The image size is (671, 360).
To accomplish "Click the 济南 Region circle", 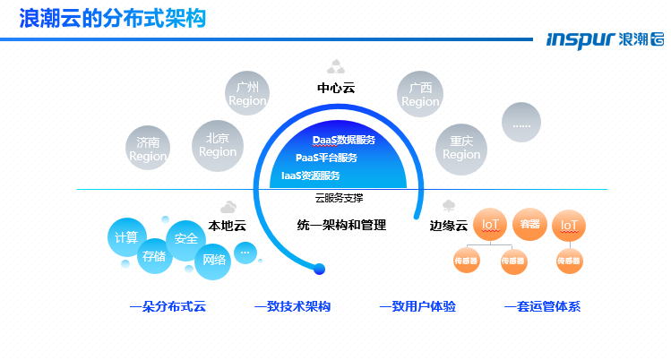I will click(x=148, y=149).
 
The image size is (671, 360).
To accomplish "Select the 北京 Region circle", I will click(x=218, y=144).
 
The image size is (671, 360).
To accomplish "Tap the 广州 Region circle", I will click(x=247, y=94).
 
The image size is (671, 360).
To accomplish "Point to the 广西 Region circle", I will click(x=420, y=94).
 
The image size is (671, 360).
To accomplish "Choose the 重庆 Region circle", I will click(x=461, y=147).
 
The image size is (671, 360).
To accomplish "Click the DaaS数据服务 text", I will click(x=344, y=141).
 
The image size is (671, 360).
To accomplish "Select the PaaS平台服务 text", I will click(x=326, y=159).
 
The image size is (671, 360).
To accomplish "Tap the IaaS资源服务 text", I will click(x=311, y=176).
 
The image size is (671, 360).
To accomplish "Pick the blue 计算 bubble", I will click(x=126, y=237).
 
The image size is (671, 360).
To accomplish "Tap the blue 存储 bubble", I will click(x=153, y=256).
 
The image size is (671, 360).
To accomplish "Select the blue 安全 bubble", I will click(x=186, y=239).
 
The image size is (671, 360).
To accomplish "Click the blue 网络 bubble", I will click(x=215, y=260).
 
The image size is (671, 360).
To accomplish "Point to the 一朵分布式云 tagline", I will click(x=168, y=307).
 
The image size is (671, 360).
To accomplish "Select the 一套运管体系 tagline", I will click(x=543, y=307).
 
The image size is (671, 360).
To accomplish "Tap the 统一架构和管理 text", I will click(x=340, y=227).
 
